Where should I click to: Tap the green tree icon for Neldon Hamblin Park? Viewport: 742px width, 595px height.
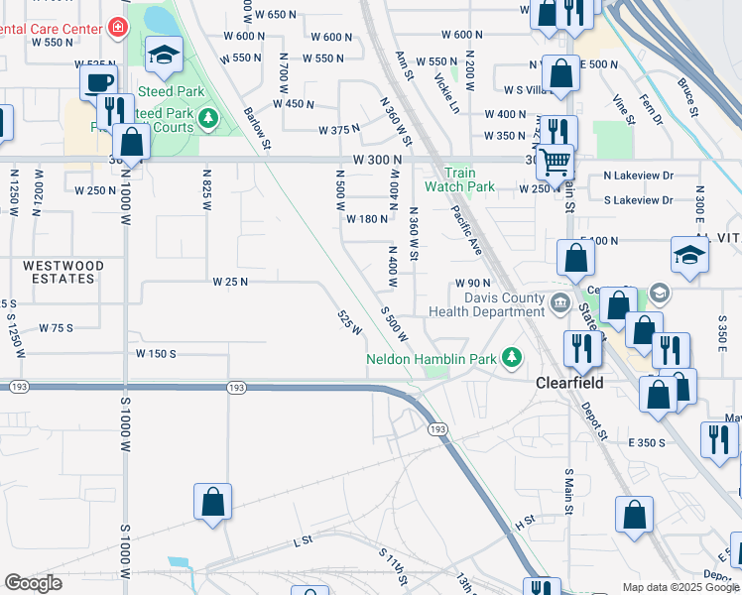(x=512, y=356)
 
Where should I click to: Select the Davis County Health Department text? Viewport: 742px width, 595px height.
(x=486, y=305)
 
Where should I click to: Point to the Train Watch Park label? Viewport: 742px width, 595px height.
(x=459, y=179)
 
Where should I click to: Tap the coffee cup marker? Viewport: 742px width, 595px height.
(x=98, y=82)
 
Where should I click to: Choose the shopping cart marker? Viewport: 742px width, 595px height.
(x=556, y=161)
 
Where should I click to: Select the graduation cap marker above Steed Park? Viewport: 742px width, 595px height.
(x=164, y=56)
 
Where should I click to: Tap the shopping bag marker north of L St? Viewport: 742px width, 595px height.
(x=213, y=502)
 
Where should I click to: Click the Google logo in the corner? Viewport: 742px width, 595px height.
(x=33, y=583)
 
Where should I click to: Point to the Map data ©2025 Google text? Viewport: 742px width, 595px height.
(x=680, y=587)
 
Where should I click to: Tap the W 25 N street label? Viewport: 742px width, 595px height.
(x=229, y=282)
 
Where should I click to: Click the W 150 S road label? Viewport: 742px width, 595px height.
(x=156, y=353)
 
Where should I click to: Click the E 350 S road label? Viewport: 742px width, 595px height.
(x=646, y=442)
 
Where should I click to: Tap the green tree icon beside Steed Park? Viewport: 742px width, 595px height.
(x=208, y=120)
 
